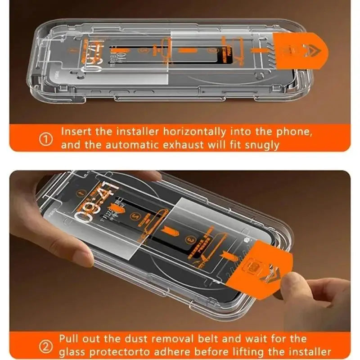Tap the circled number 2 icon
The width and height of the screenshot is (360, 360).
(x=46, y=346)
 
